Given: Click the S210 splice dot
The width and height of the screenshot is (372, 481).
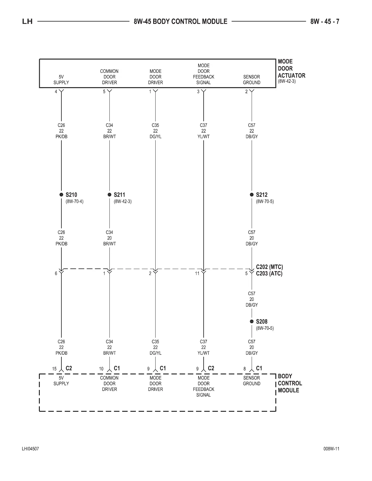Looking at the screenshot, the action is tap(61, 195).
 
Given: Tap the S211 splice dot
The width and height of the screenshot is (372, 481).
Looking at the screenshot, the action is tap(109, 195).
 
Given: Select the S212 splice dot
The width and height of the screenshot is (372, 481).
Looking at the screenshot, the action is tap(252, 195).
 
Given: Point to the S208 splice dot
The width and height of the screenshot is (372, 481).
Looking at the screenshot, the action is tap(252, 321).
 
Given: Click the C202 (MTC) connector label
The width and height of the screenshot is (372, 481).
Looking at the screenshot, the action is tap(269, 267).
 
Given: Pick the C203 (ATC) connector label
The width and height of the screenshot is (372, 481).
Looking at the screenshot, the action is tap(269, 274).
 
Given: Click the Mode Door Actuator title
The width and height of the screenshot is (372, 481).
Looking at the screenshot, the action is tap(291, 69).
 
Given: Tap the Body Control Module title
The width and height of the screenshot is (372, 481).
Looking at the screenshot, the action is tap(290, 383).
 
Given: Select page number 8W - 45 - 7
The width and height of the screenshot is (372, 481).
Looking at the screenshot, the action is tap(325, 22).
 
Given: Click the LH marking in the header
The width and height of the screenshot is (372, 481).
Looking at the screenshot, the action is tap(27, 22).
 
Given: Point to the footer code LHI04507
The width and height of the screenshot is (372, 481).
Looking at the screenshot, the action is tap(30, 449).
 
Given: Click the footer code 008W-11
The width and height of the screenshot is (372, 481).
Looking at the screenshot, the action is tap(331, 449).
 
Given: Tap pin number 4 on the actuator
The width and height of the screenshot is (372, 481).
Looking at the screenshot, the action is tap(56, 92).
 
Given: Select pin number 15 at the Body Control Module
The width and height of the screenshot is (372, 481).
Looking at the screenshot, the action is tap(54, 369).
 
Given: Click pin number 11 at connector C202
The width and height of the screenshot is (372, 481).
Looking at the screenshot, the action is tap(197, 274).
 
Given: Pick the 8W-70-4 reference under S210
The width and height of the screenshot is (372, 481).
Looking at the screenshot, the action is tap(74, 201).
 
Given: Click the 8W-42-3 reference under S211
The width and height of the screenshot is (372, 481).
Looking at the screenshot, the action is tap(122, 201).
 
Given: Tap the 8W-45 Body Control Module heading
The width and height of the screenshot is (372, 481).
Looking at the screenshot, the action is tap(180, 22).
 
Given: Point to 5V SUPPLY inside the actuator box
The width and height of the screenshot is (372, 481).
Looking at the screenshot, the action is tap(61, 80).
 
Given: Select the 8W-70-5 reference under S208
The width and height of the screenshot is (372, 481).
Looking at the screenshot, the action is tap(265, 328).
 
